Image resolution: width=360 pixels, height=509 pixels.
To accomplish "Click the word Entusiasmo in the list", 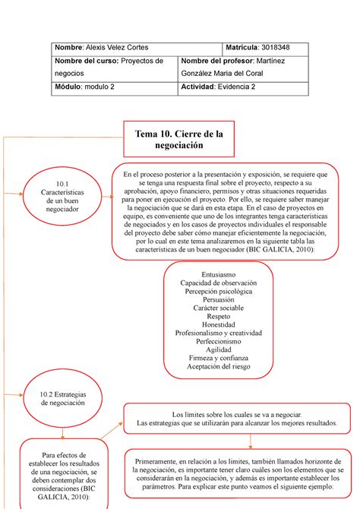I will pyautogui.click(x=218, y=273).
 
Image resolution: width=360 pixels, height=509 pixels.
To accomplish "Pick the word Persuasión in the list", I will pyautogui.click(x=218, y=300).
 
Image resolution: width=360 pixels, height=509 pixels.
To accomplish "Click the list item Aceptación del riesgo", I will pyautogui.click(x=218, y=367).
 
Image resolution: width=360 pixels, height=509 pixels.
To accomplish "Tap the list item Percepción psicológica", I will pyautogui.click(x=218, y=291).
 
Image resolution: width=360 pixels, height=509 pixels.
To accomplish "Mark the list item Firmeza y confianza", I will pyautogui.click(x=218, y=359).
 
